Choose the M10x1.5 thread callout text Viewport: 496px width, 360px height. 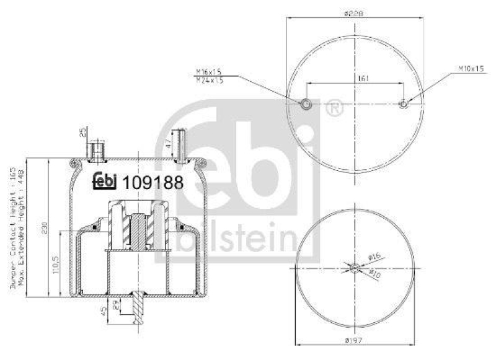coord(471,69)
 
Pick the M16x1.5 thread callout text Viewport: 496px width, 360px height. coord(209,72)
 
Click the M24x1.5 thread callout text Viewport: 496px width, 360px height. coord(209,81)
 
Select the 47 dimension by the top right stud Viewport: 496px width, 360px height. coord(168,143)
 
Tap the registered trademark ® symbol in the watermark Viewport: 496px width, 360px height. coord(334,108)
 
